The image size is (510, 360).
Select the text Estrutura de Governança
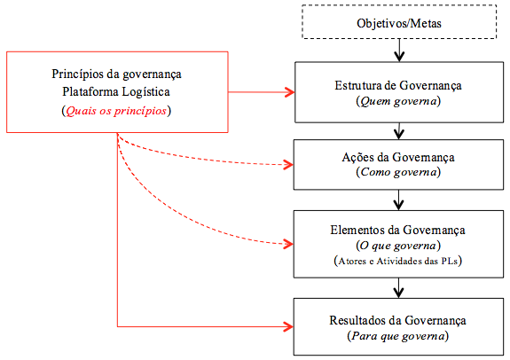coord(398,85)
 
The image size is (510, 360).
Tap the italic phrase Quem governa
coord(398,101)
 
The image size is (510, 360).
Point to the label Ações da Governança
coord(398,157)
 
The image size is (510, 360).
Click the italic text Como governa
coord(398,172)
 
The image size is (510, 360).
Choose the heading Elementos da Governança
coord(397,230)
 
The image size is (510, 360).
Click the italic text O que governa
coord(398,246)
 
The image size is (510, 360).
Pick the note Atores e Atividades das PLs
coord(397,261)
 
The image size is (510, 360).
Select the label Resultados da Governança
coord(397,320)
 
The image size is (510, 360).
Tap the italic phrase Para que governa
coord(398,335)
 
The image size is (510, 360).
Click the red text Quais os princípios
coord(116,111)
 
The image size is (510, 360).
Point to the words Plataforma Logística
coord(116,91)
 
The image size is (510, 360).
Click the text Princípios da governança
coord(116,74)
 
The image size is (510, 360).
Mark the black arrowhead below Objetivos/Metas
coord(399,56)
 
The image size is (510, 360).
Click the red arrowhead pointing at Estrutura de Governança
coord(289,92)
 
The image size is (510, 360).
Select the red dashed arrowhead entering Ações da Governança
coord(288,165)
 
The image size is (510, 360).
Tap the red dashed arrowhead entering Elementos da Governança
coord(288,244)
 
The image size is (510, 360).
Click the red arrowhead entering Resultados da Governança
coord(288,326)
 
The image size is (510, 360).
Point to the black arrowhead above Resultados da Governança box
coord(399,293)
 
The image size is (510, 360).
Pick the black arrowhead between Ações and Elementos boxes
coord(399,205)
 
